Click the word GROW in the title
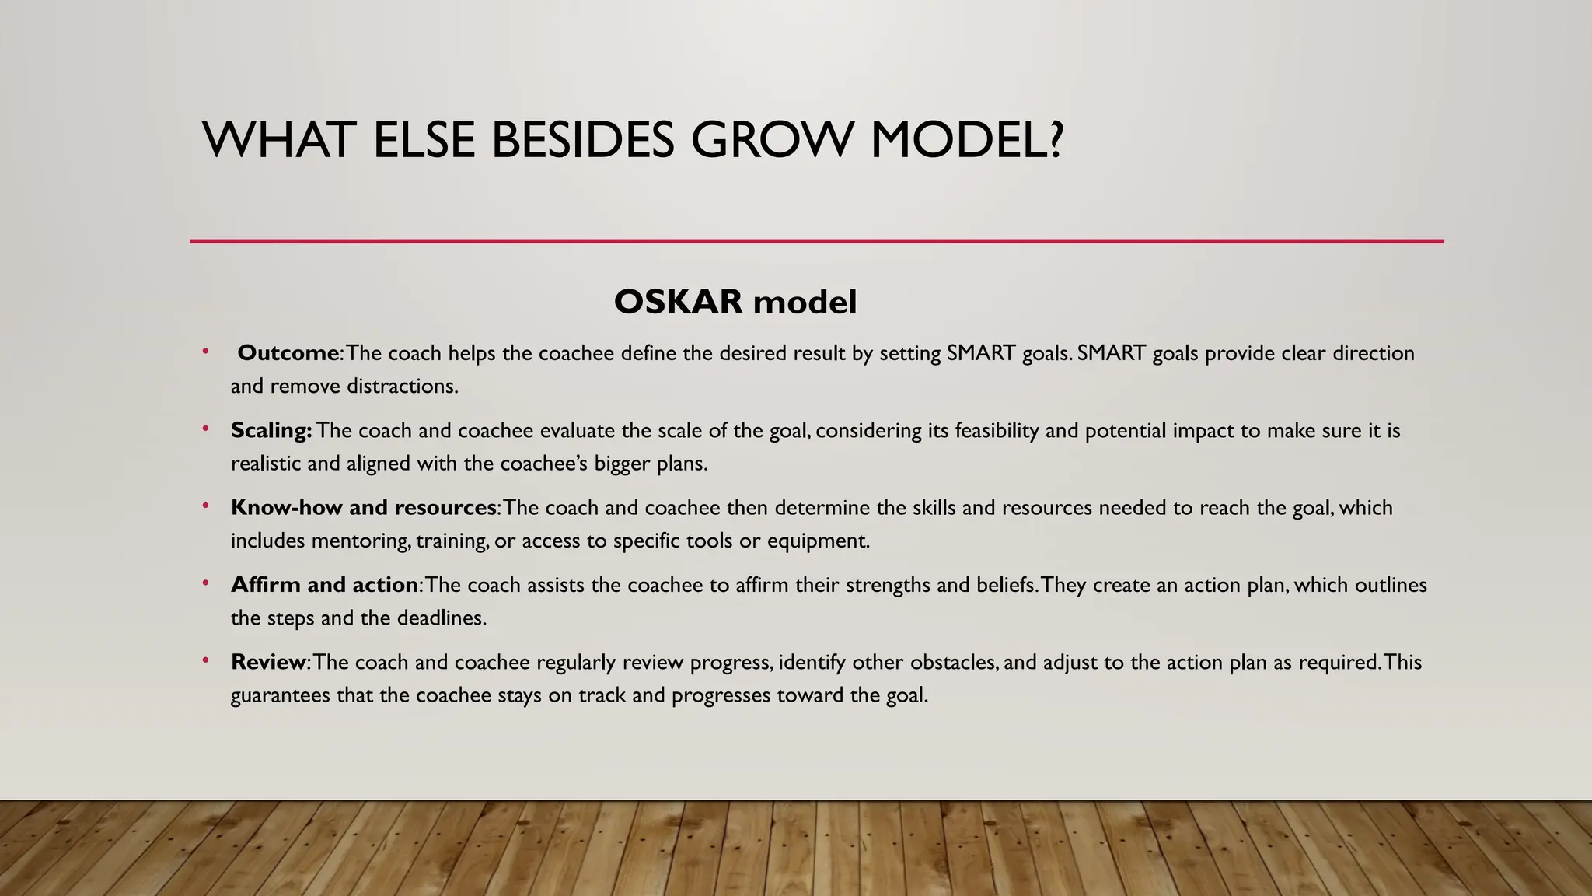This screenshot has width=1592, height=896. coord(773,141)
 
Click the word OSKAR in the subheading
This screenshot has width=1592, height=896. coord(678,302)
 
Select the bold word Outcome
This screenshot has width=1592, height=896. coord(288,353)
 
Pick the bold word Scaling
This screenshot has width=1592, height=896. coord(271,430)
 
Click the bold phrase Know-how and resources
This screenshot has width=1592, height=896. coord(364,508)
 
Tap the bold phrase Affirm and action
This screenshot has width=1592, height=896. coord(325,585)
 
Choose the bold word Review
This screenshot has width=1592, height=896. coord(268,662)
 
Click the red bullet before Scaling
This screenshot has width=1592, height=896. coord(205,429)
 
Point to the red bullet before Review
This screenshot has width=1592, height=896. coord(205,660)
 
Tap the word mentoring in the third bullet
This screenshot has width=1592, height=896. coord(361,541)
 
